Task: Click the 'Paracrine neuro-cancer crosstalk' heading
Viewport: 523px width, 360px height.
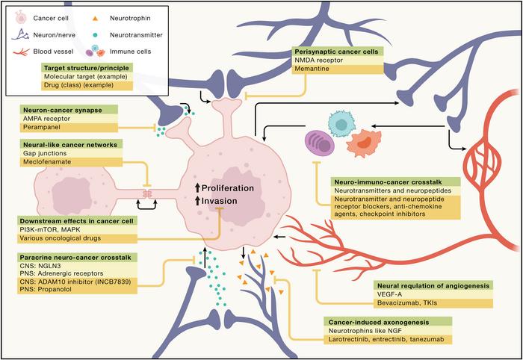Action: tap(74, 257)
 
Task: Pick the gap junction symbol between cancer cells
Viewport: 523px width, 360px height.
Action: tap(147, 193)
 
